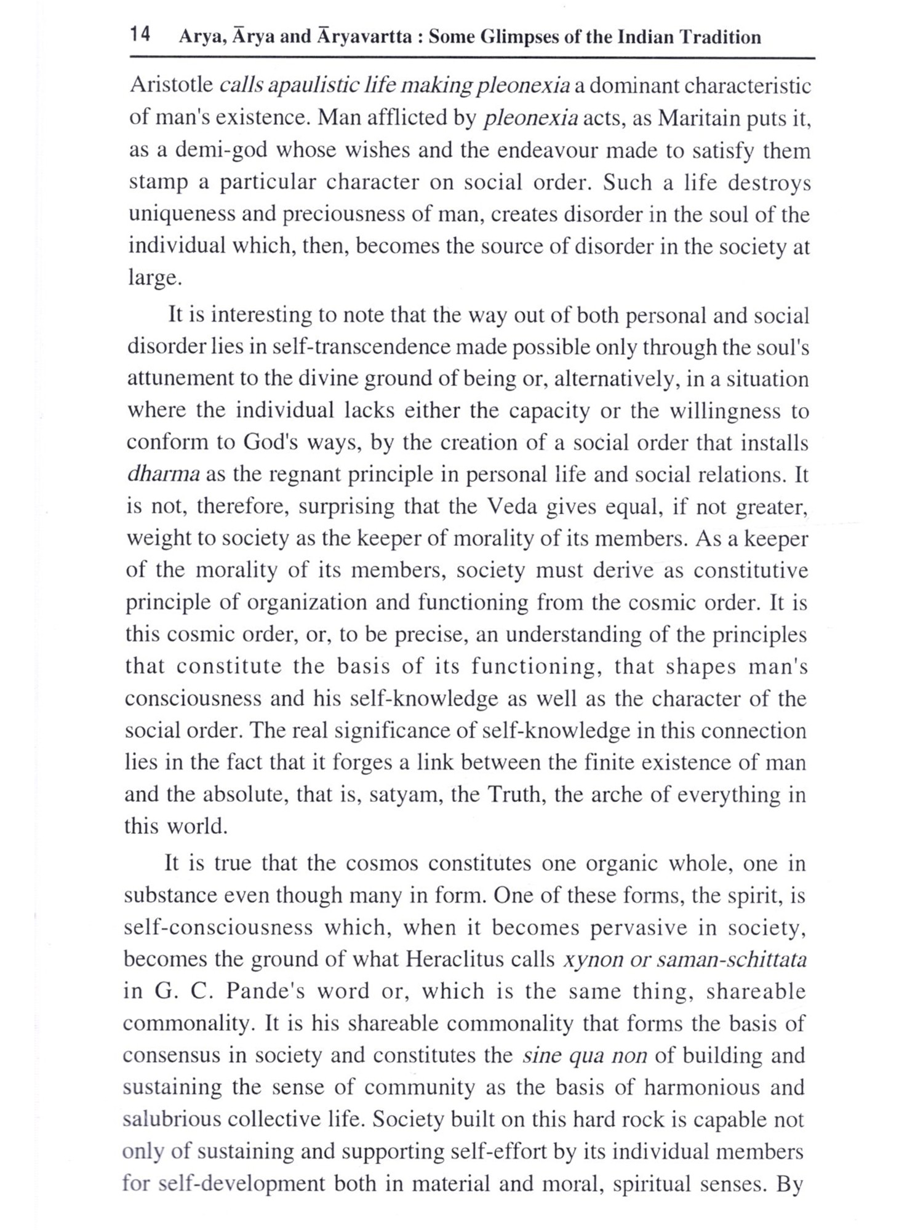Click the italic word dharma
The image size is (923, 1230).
click(163, 475)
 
